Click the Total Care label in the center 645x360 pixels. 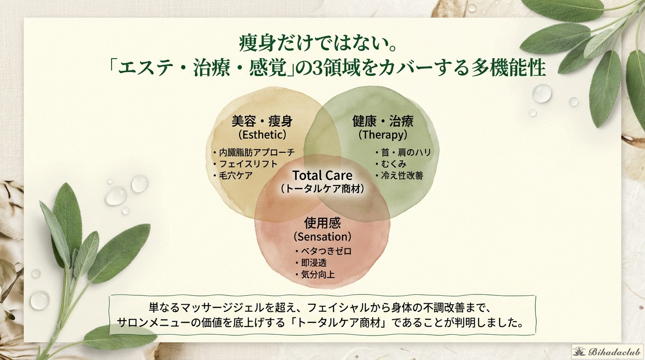[x=322, y=175]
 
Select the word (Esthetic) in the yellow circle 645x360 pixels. [x=262, y=135]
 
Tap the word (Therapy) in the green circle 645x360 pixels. [x=382, y=135]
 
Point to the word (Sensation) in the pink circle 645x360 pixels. [x=322, y=237]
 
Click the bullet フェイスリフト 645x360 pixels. [x=245, y=164]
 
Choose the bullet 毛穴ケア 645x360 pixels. [x=232, y=175]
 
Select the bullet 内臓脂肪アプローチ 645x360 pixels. [x=254, y=152]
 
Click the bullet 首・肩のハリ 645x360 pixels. [x=403, y=152]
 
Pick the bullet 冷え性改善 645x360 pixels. [x=399, y=175]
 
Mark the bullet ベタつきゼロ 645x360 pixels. [x=323, y=251]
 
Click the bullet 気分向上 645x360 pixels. [x=315, y=275]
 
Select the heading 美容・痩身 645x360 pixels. [x=262, y=121]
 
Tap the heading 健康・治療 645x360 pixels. [x=382, y=121]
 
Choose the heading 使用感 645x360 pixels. [x=322, y=223]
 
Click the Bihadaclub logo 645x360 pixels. [x=607, y=352]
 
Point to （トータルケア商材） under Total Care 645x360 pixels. [x=322, y=188]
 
